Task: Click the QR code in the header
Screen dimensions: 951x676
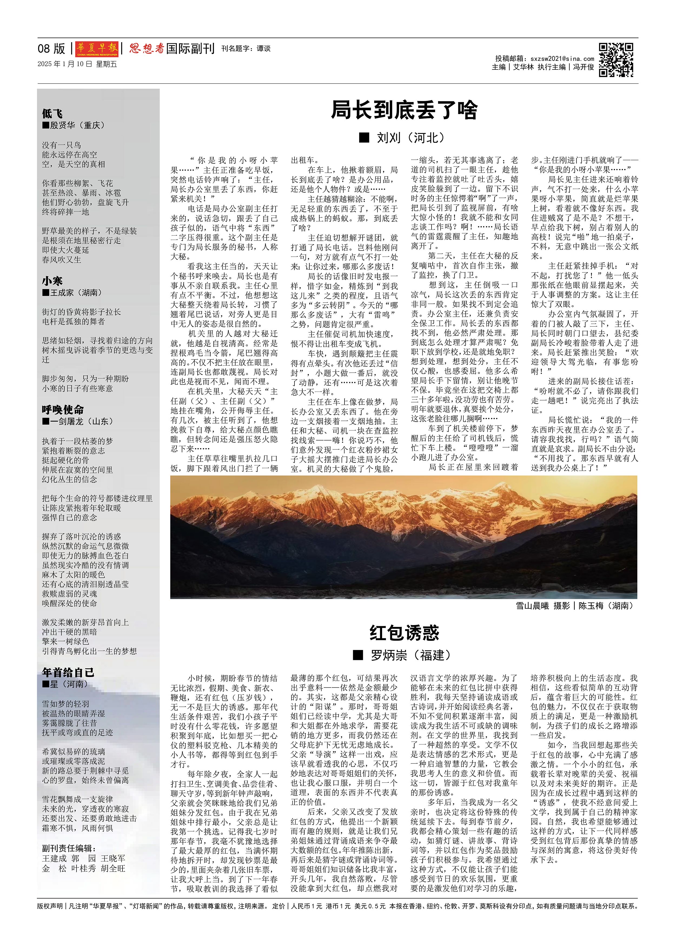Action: tap(616, 60)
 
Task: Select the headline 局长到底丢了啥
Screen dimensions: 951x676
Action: tap(404, 110)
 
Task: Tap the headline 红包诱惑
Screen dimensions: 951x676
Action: tap(404, 633)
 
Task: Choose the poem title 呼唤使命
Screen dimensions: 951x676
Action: tap(63, 409)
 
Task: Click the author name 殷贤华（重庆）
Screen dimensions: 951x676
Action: tap(77, 125)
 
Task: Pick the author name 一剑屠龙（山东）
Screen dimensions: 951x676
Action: tap(81, 421)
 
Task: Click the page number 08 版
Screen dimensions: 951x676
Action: tap(52, 49)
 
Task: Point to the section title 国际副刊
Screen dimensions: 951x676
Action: tap(190, 49)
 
